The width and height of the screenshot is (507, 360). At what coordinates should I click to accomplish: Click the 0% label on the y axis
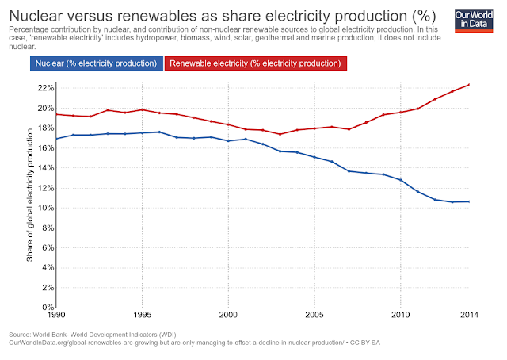pyautogui.click(x=46, y=307)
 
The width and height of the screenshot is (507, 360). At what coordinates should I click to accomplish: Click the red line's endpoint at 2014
pyautogui.click(x=470, y=84)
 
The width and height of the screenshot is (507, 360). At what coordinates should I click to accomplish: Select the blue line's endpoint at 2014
pyautogui.click(x=470, y=201)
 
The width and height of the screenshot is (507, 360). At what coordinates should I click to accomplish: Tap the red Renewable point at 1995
pyautogui.click(x=142, y=109)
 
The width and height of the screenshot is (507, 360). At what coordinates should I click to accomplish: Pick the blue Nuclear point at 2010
pyautogui.click(x=401, y=180)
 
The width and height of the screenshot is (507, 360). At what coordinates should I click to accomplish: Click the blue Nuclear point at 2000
pyautogui.click(x=228, y=140)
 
